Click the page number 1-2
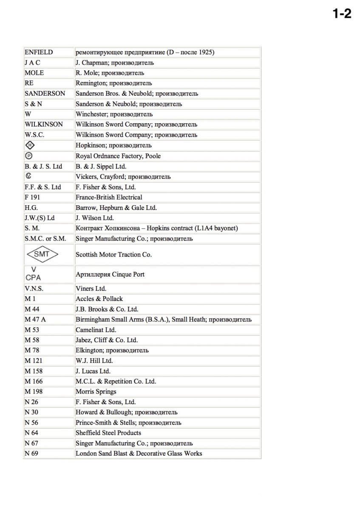[342, 14]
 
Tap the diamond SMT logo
[42, 255]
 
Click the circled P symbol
[29, 156]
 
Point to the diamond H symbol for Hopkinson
[29, 145]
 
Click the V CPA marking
[34, 274]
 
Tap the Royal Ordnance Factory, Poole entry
[118, 156]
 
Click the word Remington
[88, 83]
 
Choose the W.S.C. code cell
[34, 135]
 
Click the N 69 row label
[31, 453]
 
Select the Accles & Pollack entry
[99, 299]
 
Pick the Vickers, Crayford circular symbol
[28, 176]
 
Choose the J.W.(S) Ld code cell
[40, 218]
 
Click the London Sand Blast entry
[139, 453]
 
